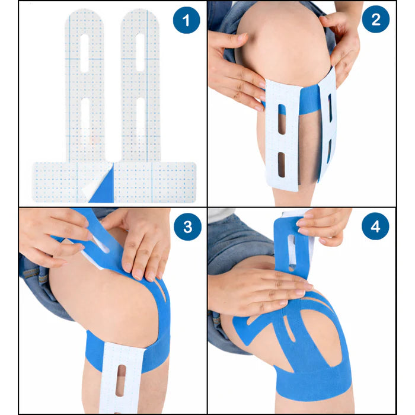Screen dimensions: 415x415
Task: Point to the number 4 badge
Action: click(375, 228)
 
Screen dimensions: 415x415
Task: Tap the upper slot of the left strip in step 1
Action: click(84, 53)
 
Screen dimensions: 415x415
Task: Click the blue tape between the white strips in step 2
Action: click(308, 100)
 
